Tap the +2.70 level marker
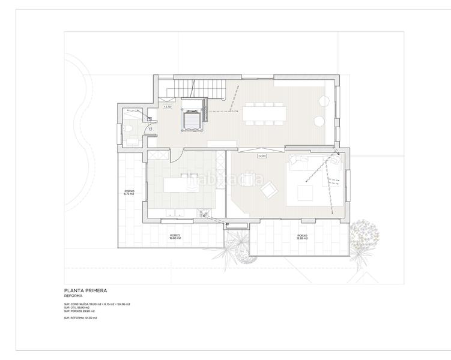coord(168,107)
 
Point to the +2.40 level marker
coord(261,156)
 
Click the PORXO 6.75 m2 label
coord(129,193)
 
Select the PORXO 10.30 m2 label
coord(175,236)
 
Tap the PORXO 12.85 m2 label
coord(301,236)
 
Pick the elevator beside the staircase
coord(193,119)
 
